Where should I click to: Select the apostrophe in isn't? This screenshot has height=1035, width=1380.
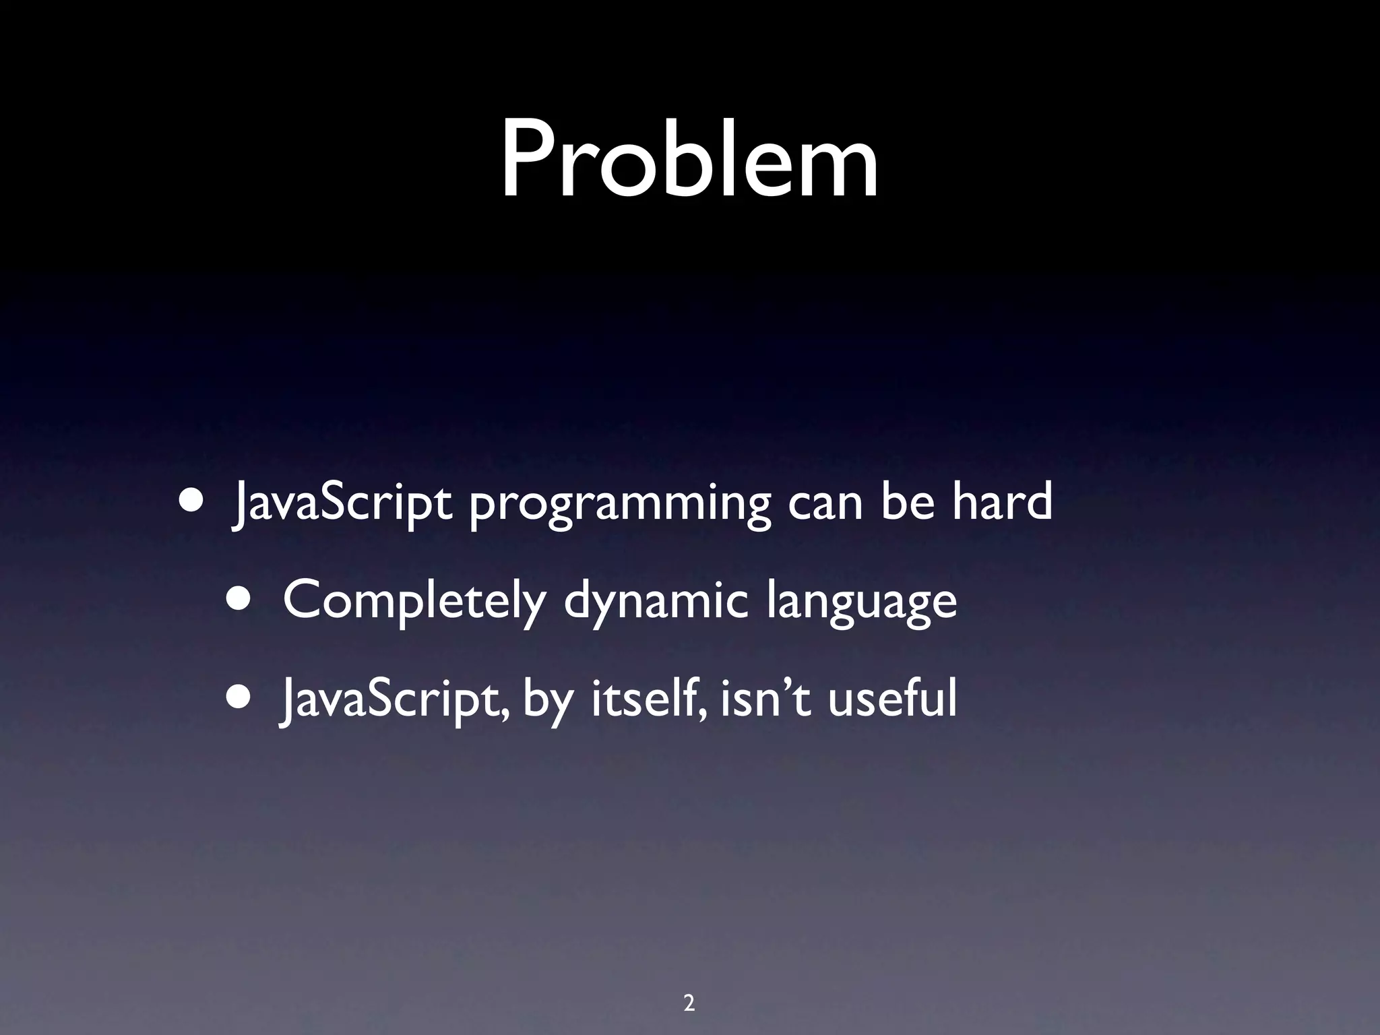coord(792,682)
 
